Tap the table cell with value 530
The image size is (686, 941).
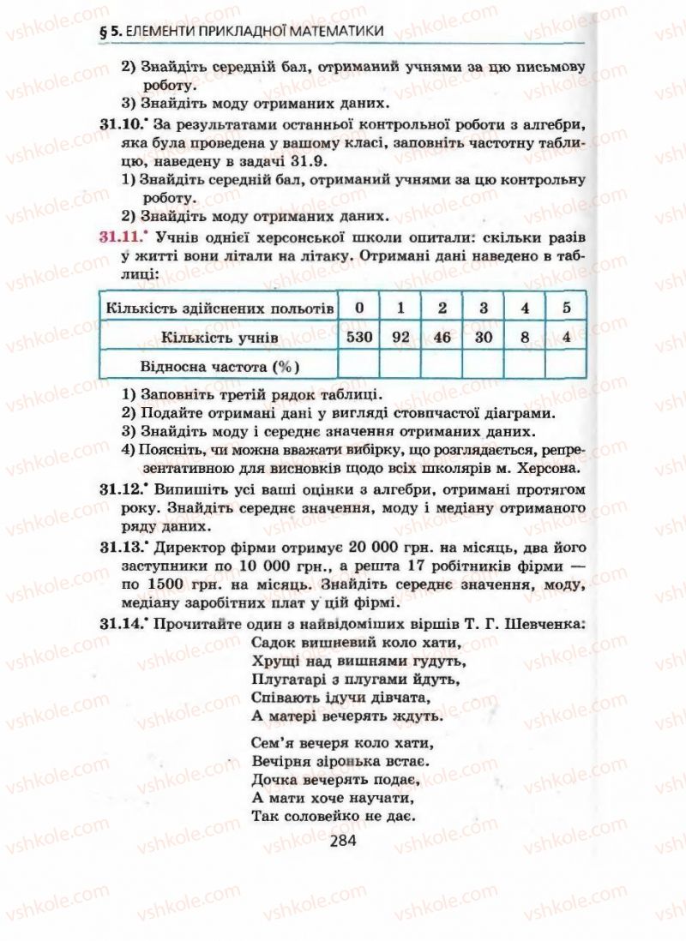(359, 337)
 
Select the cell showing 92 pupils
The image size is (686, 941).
(401, 337)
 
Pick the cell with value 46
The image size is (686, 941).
(442, 337)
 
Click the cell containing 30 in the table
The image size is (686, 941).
(484, 337)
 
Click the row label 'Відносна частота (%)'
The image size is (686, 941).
(218, 366)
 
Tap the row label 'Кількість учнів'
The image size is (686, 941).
(219, 338)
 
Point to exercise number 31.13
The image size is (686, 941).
(119, 545)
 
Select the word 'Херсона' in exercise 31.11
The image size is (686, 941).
(544, 468)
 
